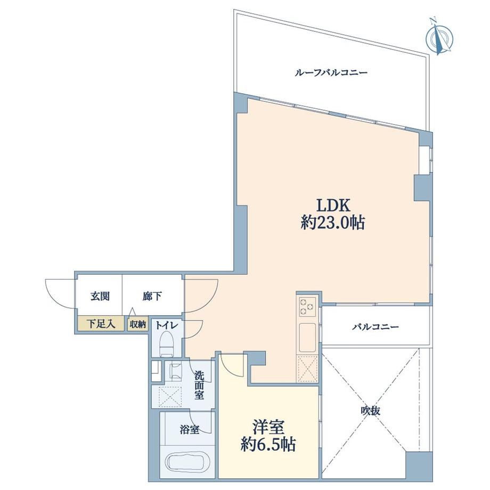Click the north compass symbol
coord(439,37)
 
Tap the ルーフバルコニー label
coord(331,73)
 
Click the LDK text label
coord(333,206)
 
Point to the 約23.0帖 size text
coord(333,223)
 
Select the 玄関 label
coord(100,296)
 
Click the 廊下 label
coord(152,296)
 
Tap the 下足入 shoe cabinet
coord(101,324)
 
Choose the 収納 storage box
coord(138,324)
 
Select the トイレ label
coord(167,325)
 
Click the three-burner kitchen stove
coord(307,307)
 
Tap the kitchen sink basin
coord(307,338)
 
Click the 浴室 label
coord(190,430)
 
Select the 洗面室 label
coord(199,385)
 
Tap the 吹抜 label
coord(371,411)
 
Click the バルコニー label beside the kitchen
coord(376,327)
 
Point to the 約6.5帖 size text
coord(268,444)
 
